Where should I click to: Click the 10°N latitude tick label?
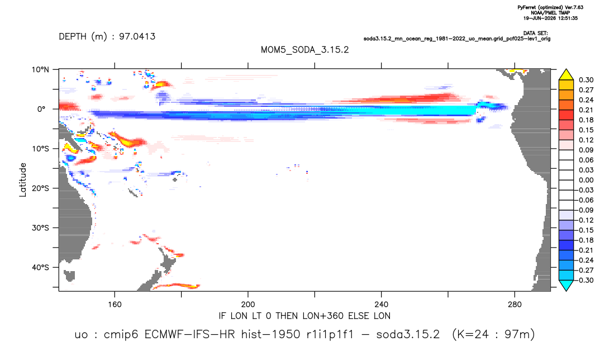[40, 70]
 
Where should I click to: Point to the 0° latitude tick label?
[41, 109]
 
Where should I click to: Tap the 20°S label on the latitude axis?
[40, 188]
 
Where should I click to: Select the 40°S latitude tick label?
[40, 267]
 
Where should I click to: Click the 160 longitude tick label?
[115, 305]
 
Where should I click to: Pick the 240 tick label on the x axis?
[381, 305]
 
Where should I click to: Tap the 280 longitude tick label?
[515, 305]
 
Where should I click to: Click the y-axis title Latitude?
[23, 180]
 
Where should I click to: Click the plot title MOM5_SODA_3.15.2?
[304, 50]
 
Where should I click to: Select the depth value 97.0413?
[137, 36]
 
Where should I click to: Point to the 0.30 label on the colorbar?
[586, 80]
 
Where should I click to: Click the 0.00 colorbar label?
[586, 180]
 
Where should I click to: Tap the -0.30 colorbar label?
[585, 280]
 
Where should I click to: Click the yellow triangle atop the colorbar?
[566, 75]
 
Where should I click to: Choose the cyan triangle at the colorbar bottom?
[566, 285]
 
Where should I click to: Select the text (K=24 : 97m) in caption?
[493, 334]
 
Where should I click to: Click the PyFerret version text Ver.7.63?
[574, 7]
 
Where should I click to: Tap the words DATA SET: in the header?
[535, 34]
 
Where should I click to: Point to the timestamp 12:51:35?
[566, 18]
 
